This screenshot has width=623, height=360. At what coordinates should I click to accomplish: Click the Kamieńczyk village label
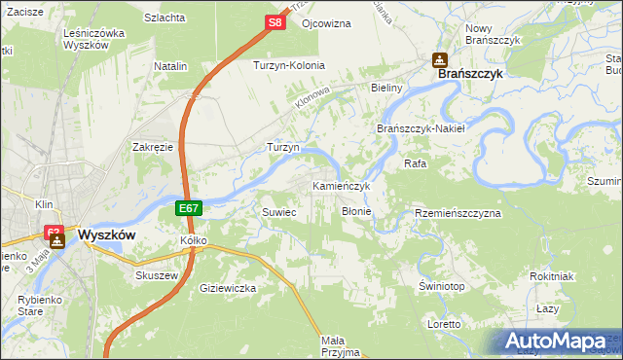pos(341,185)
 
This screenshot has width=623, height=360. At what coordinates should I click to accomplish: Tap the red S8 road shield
pos(275,21)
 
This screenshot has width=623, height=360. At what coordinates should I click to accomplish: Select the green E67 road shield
pos(190,208)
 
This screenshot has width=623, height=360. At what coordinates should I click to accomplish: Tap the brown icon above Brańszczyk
pos(439,59)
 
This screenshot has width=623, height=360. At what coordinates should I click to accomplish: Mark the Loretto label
pos(444,323)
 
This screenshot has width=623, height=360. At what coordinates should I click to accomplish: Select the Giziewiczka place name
pos(227,288)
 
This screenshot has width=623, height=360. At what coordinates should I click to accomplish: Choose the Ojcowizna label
pos(326,21)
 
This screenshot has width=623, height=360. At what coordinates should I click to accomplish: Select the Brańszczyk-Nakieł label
pos(421,128)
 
